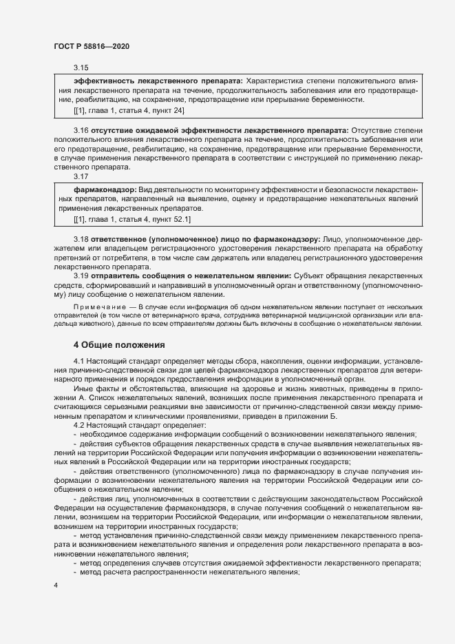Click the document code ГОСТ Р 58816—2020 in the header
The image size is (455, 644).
point(91,46)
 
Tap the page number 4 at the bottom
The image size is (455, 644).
point(56,586)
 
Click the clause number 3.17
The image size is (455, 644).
point(81,177)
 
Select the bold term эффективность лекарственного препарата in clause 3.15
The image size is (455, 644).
point(158,81)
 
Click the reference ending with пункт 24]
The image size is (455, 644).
point(129,110)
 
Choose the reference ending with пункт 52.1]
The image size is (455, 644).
point(132,219)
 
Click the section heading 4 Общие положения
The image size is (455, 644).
point(119,344)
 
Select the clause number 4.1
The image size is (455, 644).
point(79,361)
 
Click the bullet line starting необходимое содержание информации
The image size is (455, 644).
point(248,434)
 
